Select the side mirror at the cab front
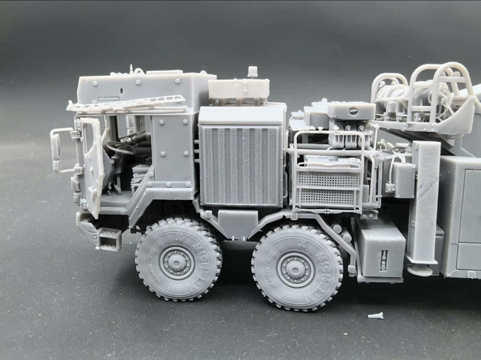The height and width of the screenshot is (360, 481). (57, 150)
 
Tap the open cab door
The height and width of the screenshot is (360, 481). (91, 165)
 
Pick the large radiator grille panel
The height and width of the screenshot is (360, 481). (240, 165)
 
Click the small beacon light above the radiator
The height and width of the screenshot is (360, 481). (253, 72)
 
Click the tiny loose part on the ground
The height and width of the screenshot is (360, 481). (375, 315)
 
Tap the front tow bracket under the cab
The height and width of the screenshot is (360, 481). (109, 239)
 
